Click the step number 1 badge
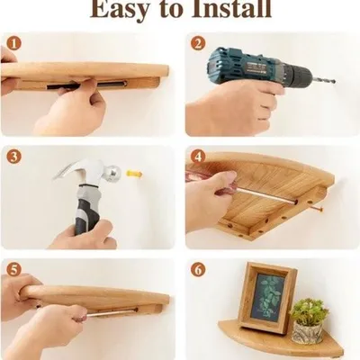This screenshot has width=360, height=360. pyautogui.click(x=14, y=44)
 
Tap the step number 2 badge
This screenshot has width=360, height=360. pyautogui.click(x=198, y=44)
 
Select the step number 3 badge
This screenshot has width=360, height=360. pyautogui.click(x=14, y=157)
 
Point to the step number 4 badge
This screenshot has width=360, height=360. pyautogui.click(x=198, y=157)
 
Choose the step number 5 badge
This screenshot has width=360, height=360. pyautogui.click(x=14, y=270)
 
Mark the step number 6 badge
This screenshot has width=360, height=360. pyautogui.click(x=198, y=270)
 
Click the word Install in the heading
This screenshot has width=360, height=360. pyautogui.click(x=231, y=8)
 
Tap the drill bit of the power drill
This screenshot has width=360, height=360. pyautogui.click(x=323, y=80)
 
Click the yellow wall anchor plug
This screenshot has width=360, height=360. pyautogui.click(x=134, y=174)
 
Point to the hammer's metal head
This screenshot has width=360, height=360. pyautogui.click(x=90, y=172)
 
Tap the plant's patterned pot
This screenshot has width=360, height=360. pyautogui.click(x=308, y=332)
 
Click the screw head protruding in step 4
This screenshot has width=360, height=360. pyautogui.click(x=319, y=209)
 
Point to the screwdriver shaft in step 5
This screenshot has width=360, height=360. pyautogui.click(x=111, y=312)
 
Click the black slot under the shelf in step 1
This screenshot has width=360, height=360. pyautogui.click(x=87, y=85)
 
